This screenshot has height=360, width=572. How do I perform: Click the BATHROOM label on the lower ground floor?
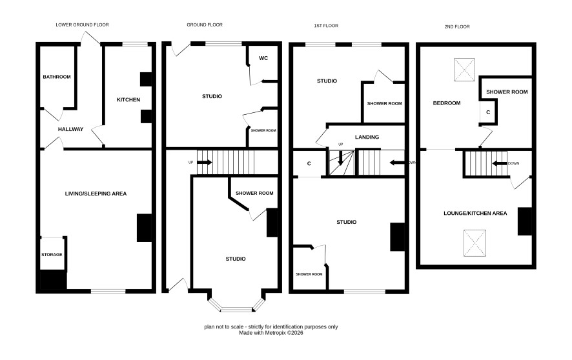[x=57, y=77]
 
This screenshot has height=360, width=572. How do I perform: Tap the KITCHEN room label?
[x=128, y=100]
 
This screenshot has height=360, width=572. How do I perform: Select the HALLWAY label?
[x=71, y=129]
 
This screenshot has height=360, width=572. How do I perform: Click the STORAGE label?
[x=52, y=255]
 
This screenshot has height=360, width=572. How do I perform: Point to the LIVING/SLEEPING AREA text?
[x=96, y=194]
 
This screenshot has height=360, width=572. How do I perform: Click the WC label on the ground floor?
[x=263, y=58]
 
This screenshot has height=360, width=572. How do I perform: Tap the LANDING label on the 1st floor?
[x=367, y=137]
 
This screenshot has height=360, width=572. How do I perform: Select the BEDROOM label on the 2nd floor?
[x=447, y=103]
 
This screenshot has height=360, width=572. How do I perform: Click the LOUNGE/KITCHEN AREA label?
[x=475, y=213]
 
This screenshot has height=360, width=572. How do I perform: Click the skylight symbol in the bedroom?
[x=464, y=70]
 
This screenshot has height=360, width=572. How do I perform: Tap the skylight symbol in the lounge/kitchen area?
[x=475, y=243]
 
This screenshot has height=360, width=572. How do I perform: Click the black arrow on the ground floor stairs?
[x=205, y=162]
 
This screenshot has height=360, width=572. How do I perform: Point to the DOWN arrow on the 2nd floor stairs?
[x=500, y=163]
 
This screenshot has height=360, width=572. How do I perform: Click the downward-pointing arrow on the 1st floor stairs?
[x=340, y=158]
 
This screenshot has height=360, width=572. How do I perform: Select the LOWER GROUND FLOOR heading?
[x=82, y=25]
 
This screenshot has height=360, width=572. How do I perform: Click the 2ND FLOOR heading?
[x=457, y=26]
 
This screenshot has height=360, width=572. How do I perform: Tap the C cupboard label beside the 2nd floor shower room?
[x=488, y=112]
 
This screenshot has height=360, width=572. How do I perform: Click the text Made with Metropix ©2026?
[x=271, y=333]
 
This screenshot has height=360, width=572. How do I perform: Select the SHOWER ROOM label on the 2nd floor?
[x=507, y=92]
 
